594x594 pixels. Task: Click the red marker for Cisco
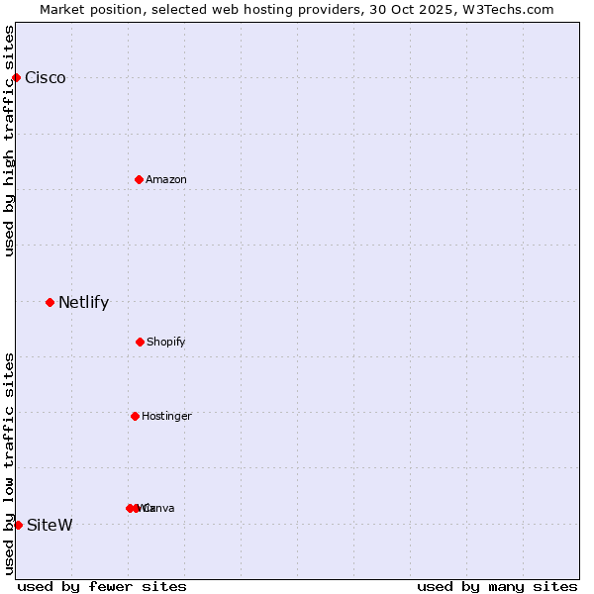pyautogui.click(x=16, y=77)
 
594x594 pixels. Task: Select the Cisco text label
pyautogui.click(x=46, y=78)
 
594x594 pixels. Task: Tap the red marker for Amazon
pyautogui.click(x=139, y=179)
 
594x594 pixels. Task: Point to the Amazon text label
pyautogui.click(x=166, y=179)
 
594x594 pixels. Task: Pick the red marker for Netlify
pyautogui.click(x=49, y=302)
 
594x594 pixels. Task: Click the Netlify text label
pyautogui.click(x=83, y=303)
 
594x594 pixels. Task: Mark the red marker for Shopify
pyautogui.click(x=140, y=342)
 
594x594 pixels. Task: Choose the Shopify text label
pyautogui.click(x=166, y=343)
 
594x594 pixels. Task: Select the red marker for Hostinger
pyautogui.click(x=135, y=416)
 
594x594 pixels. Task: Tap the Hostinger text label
pyautogui.click(x=166, y=417)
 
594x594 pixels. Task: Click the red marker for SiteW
pyautogui.click(x=18, y=525)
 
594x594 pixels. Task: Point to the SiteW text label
pyautogui.click(x=49, y=525)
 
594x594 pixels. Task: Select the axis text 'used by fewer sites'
pyautogui.click(x=102, y=586)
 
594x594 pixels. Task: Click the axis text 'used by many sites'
pyautogui.click(x=497, y=586)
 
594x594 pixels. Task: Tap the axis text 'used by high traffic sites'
pyautogui.click(x=9, y=141)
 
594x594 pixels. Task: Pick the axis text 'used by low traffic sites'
pyautogui.click(x=9, y=463)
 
